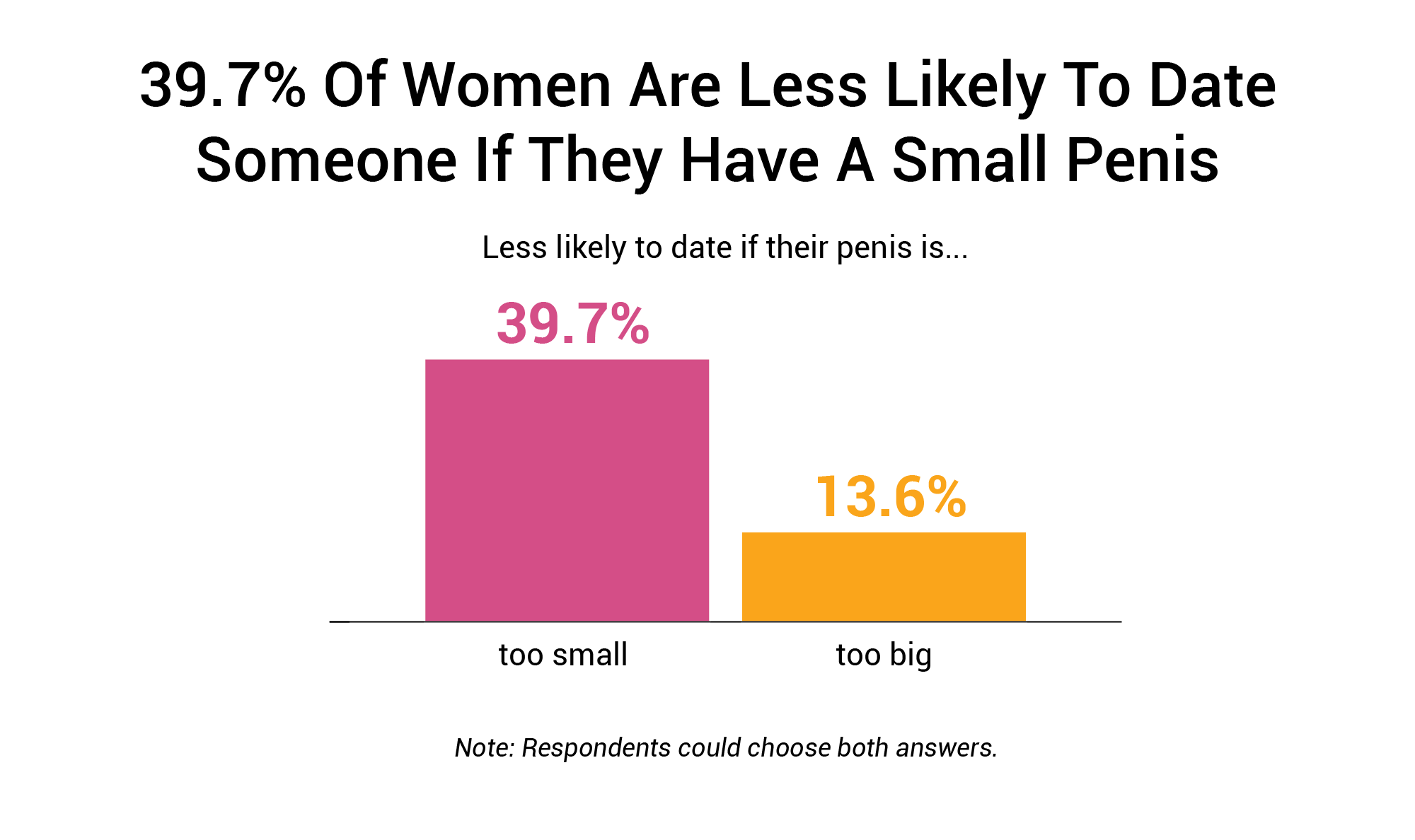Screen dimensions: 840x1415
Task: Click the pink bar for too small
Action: [567, 490]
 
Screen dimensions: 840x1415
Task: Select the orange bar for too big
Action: [884, 576]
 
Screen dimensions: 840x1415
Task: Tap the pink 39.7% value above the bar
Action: [572, 324]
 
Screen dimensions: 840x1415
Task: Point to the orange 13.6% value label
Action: [891, 497]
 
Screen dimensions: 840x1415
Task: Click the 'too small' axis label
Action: [563, 655]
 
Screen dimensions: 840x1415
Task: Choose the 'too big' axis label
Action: [884, 655]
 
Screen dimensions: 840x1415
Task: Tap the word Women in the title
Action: [507, 86]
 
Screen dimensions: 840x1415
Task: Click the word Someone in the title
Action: [326, 161]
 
